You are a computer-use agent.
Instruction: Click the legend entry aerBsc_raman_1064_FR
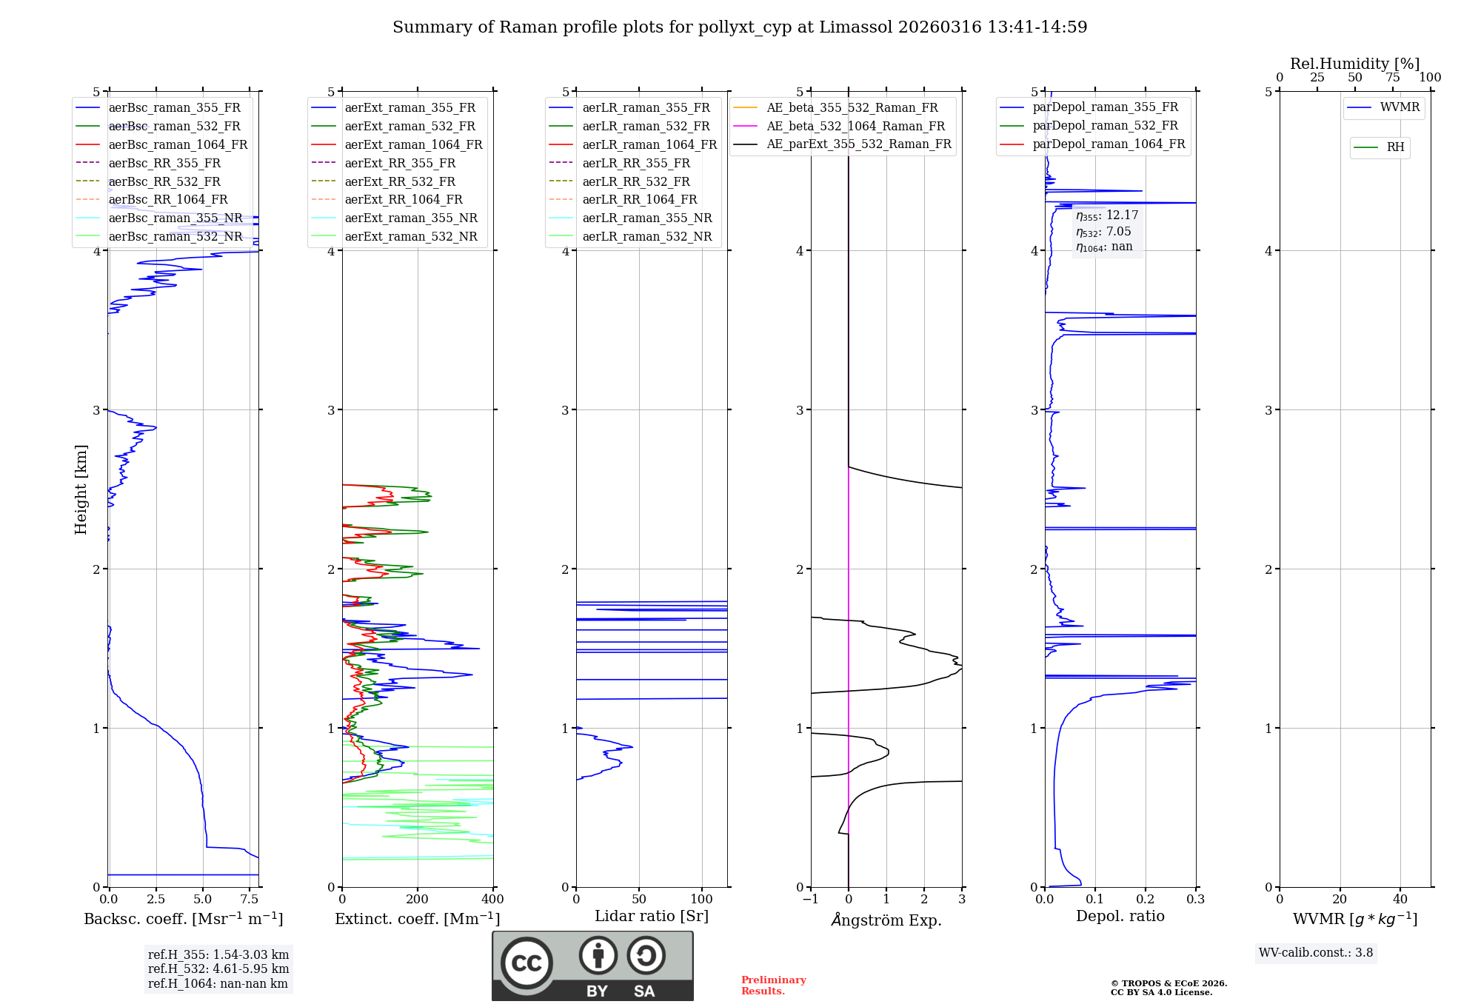(x=178, y=144)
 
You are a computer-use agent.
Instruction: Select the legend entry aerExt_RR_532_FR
(x=400, y=181)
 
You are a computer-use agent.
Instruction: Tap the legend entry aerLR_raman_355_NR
(x=646, y=218)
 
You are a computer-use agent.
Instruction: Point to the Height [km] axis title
(x=81, y=489)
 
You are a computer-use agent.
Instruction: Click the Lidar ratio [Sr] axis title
(x=652, y=916)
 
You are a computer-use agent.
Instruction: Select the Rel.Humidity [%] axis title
(x=1354, y=64)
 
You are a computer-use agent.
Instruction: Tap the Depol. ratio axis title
(x=1120, y=916)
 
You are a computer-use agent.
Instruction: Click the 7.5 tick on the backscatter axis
(x=250, y=900)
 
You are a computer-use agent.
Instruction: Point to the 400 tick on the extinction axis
(x=492, y=900)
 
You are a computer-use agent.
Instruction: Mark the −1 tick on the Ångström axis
(x=811, y=900)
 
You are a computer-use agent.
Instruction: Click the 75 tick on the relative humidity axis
(x=1392, y=78)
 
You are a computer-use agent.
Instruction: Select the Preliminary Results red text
(x=773, y=986)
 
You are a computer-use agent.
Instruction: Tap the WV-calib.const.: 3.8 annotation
(x=1316, y=953)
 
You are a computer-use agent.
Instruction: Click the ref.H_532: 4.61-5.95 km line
(x=218, y=968)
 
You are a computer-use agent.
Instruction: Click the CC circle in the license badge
(x=526, y=963)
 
